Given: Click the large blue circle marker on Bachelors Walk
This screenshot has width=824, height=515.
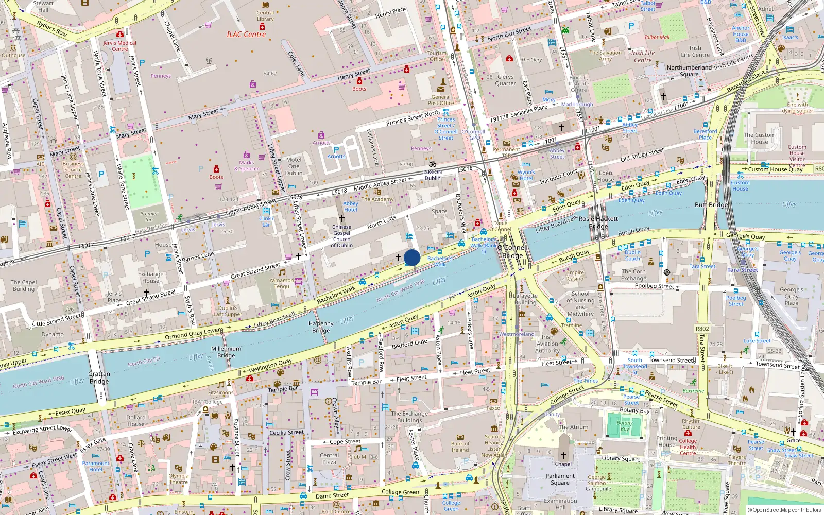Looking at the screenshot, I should [412, 257].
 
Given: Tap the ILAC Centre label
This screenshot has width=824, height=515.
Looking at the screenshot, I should [246, 35].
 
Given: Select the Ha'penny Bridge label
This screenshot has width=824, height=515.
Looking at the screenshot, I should [321, 327].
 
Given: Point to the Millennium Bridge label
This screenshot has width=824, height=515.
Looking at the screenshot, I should [226, 352].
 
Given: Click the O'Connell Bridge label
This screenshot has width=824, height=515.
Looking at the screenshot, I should [512, 251].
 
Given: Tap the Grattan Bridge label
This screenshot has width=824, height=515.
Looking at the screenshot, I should [99, 377].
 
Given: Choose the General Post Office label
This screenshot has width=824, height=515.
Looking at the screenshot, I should [441, 100].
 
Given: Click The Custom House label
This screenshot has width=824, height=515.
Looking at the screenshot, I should [759, 139].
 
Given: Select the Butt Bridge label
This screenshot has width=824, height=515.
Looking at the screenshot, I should [711, 204].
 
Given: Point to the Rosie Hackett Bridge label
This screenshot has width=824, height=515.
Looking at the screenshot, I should [598, 222].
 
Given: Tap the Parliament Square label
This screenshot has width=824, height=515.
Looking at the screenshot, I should [560, 479].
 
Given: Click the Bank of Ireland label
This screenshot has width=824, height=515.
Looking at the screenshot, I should [460, 447].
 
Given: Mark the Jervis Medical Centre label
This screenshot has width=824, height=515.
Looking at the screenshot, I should [119, 46].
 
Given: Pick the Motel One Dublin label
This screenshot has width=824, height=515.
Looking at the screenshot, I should [294, 166].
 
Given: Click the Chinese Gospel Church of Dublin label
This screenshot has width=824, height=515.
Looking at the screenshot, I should [342, 236].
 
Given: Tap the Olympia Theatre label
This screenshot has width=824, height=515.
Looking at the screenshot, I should [178, 479].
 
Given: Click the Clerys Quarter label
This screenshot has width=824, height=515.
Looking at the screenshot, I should [505, 80].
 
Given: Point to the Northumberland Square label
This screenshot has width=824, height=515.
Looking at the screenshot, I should [689, 71].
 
